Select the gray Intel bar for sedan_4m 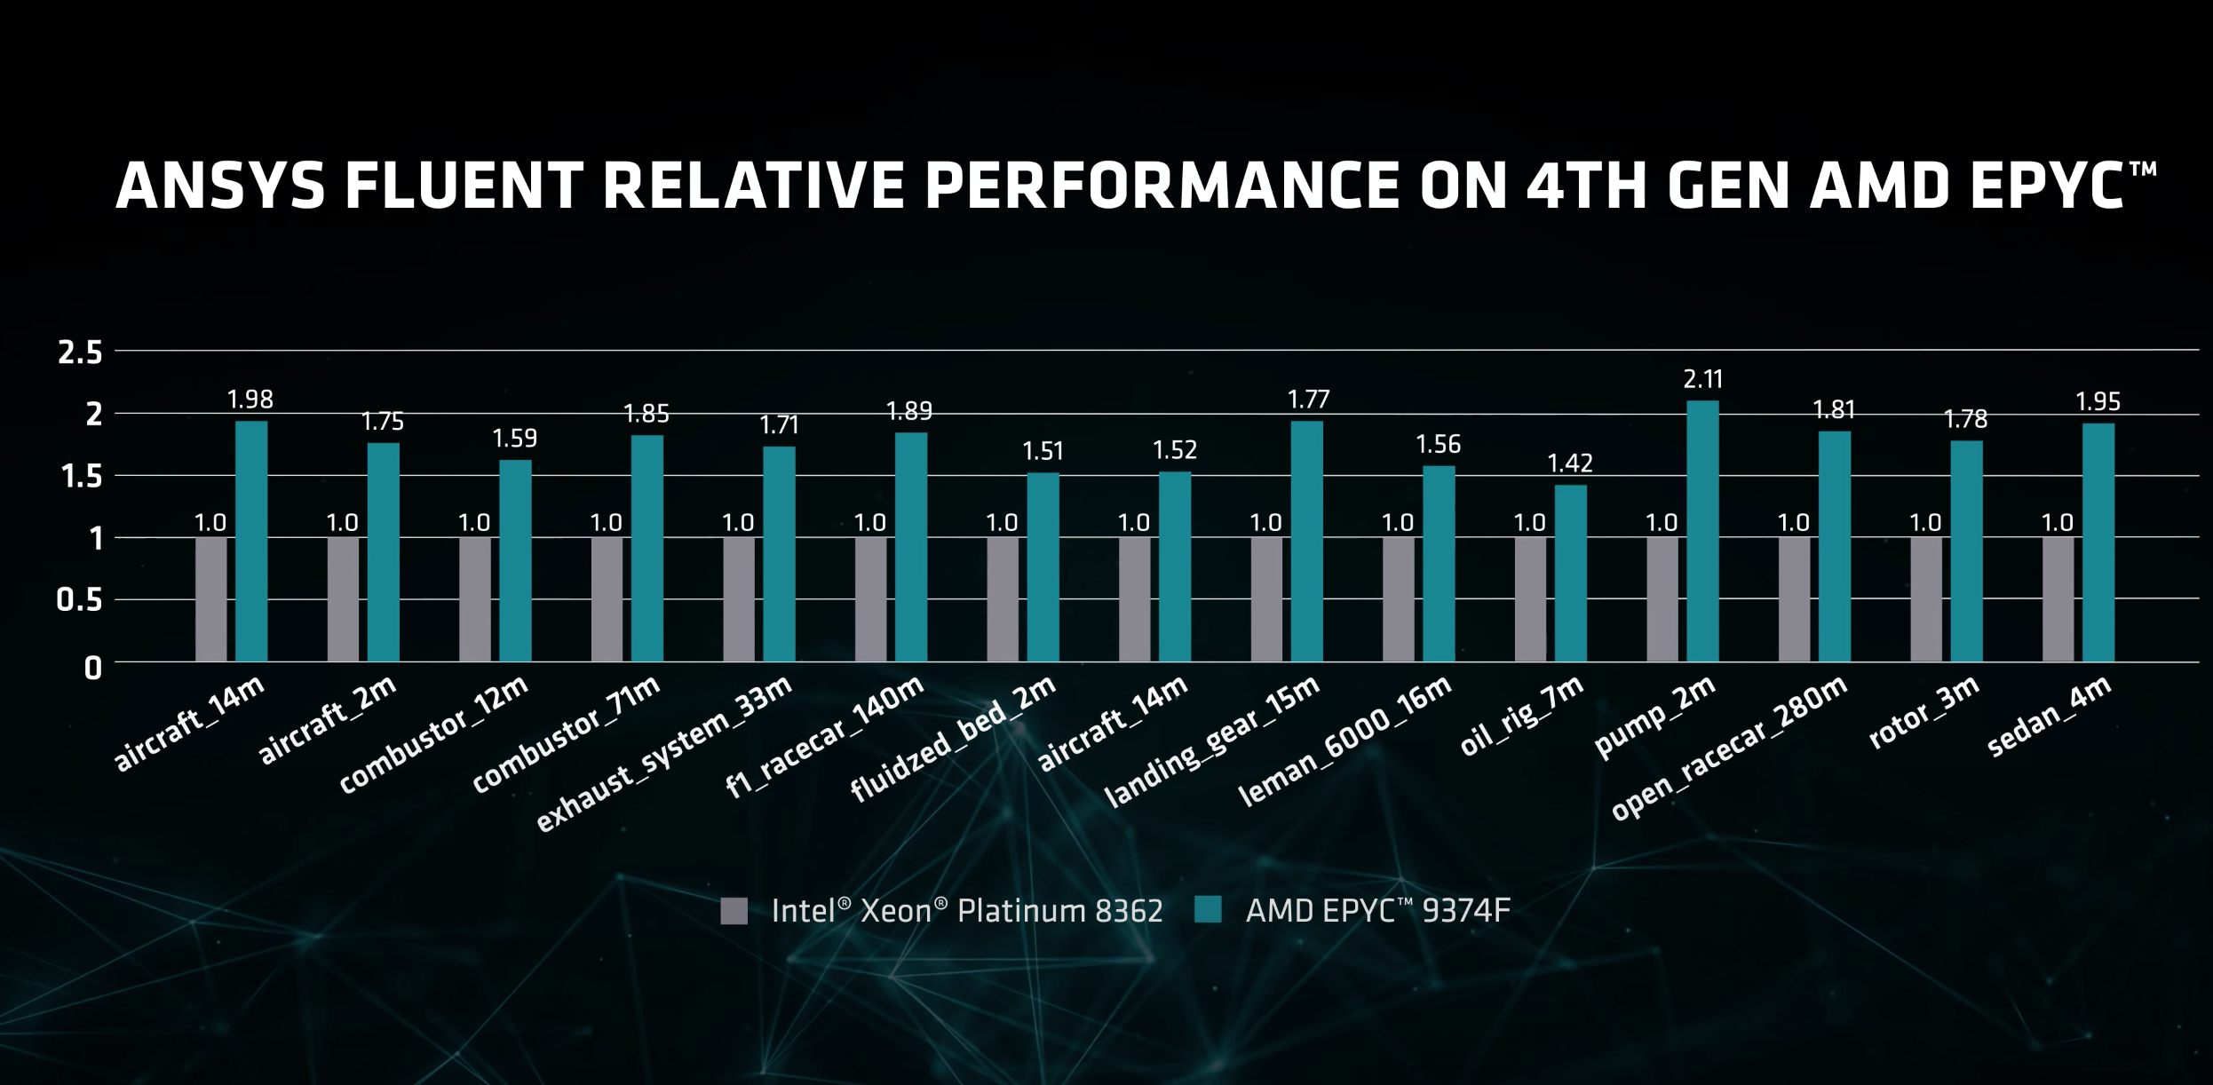2058,599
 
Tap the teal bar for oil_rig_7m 1570,573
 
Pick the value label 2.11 1702,380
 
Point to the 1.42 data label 1570,463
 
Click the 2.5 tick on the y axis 80,353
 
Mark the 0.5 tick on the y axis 79,601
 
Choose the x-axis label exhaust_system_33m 663,755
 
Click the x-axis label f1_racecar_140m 824,737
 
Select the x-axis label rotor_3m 1923,712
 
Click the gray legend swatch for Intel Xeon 734,911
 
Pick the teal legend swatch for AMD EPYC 1208,910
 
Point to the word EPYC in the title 2046,186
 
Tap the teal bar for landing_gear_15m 1306,542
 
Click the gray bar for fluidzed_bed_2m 1003,599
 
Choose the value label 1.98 250,400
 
